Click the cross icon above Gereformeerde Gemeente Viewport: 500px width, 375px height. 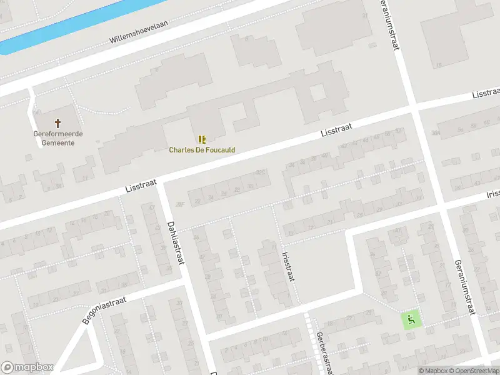58,123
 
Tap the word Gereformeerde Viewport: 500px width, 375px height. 58,134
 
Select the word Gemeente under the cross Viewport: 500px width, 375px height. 58,142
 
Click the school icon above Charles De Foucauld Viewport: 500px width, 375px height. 202,139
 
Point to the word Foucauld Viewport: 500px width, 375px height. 221,150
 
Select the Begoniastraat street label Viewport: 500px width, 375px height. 104,310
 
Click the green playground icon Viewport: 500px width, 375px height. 411,320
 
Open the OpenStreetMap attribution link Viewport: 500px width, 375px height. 475,371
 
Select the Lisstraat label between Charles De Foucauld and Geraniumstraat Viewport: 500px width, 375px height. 336,130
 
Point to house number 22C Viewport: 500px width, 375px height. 260,172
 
